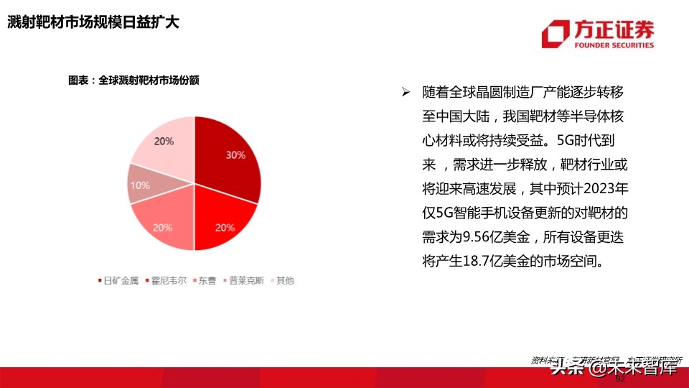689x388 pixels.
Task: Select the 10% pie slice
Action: [140, 184]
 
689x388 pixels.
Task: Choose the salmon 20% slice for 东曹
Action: [164, 224]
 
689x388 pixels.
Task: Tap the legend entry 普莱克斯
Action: [245, 281]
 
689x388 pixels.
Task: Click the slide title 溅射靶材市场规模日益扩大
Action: [93, 23]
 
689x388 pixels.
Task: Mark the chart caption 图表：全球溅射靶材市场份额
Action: [133, 80]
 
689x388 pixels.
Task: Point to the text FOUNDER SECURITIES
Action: [614, 45]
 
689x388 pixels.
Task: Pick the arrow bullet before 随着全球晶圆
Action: [406, 93]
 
